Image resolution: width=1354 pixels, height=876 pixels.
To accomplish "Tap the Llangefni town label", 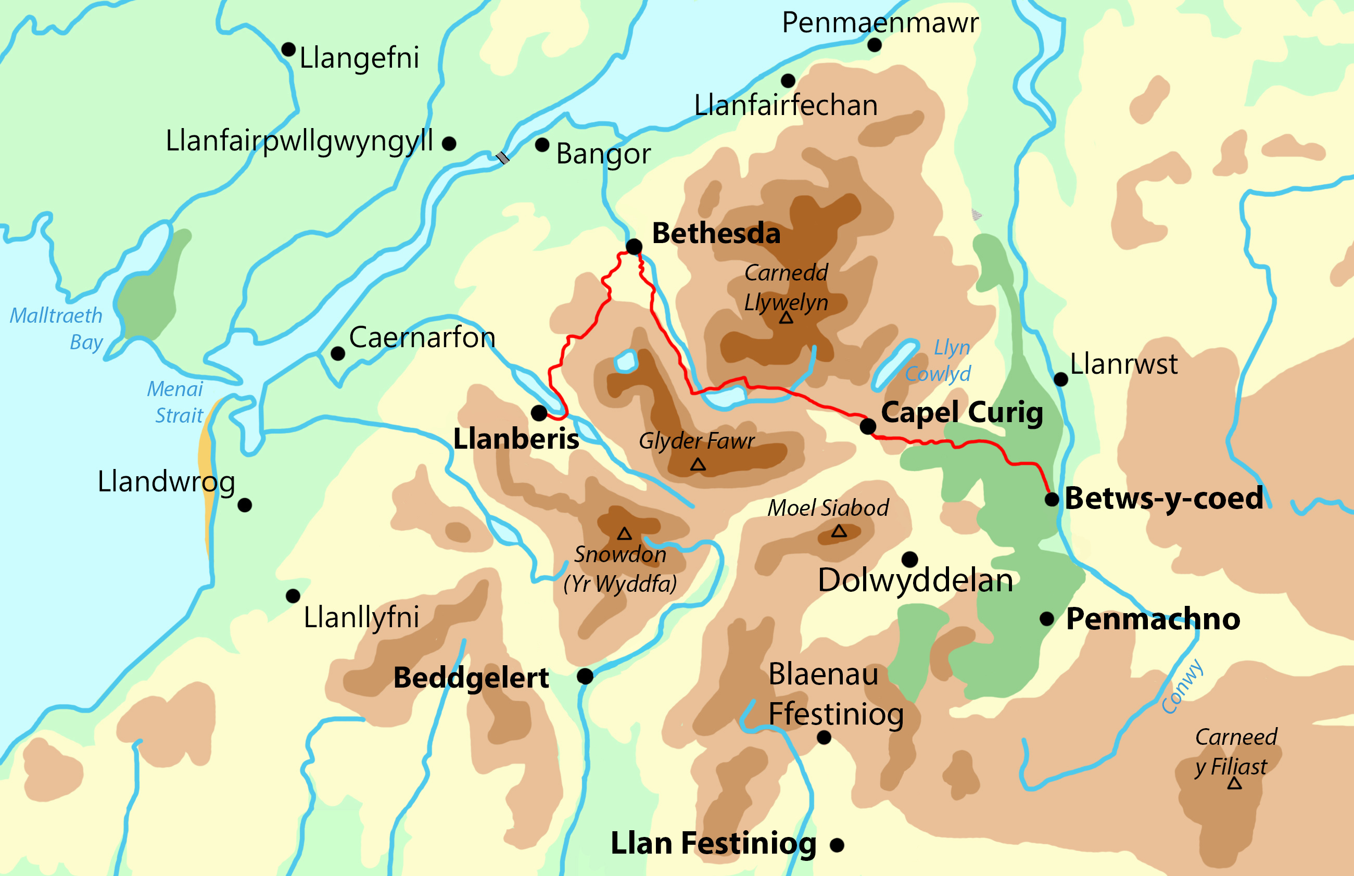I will [359, 58].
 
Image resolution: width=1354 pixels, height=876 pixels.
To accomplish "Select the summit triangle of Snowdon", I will [625, 534].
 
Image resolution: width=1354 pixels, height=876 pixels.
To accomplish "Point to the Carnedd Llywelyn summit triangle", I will [786, 318].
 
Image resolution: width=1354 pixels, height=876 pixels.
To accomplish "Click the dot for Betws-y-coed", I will [1052, 500].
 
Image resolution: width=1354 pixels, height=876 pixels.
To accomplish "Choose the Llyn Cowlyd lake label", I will [939, 361].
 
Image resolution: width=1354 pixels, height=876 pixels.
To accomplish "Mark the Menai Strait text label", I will [175, 402].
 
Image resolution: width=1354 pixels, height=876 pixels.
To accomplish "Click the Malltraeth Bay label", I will [57, 329].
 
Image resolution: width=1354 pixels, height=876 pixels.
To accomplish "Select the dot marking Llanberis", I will [539, 412].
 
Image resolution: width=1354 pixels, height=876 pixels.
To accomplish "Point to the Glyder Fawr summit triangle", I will [698, 465].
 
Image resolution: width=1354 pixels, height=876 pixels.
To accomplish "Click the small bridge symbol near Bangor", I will [502, 158].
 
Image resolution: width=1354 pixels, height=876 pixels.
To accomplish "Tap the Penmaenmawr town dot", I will [875, 44].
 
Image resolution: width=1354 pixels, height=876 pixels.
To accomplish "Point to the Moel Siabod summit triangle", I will [839, 532].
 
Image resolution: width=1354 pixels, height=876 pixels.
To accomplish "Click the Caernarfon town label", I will [422, 338].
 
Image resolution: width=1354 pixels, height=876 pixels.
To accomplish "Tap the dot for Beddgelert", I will [585, 676].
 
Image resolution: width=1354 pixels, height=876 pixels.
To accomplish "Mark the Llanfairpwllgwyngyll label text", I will [299, 141].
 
